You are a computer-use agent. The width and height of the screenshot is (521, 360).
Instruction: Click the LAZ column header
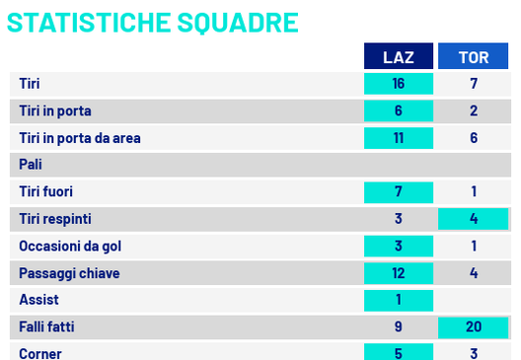tap(399, 57)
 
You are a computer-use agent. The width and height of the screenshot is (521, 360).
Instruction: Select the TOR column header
tap(474, 57)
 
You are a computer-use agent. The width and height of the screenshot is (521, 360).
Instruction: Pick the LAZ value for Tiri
tap(399, 85)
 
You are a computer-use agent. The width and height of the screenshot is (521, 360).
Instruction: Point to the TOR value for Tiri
tap(474, 85)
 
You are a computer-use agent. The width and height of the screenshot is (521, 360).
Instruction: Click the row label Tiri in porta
tap(55, 111)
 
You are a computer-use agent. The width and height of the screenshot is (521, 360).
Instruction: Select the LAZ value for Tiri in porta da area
tap(399, 138)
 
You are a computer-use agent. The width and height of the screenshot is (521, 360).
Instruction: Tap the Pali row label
tap(31, 165)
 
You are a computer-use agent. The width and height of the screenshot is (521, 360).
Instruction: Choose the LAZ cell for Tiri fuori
tap(399, 191)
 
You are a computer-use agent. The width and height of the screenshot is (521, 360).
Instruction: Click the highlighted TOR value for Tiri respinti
tap(474, 218)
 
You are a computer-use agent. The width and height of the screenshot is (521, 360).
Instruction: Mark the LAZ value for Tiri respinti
tap(399, 218)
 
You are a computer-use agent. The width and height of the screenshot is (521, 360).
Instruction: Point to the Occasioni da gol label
tap(70, 245)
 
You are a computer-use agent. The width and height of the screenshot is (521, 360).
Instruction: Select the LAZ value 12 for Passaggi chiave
tap(399, 271)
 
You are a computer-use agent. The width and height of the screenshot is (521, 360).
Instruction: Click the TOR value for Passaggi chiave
tap(474, 271)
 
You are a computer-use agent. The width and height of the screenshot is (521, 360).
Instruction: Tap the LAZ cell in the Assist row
tap(399, 298)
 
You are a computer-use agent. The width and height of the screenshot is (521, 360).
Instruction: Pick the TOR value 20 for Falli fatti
tap(474, 324)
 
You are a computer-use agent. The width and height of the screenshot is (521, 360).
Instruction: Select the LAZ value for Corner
tap(399, 351)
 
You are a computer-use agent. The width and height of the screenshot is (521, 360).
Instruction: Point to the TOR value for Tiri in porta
tap(474, 111)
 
